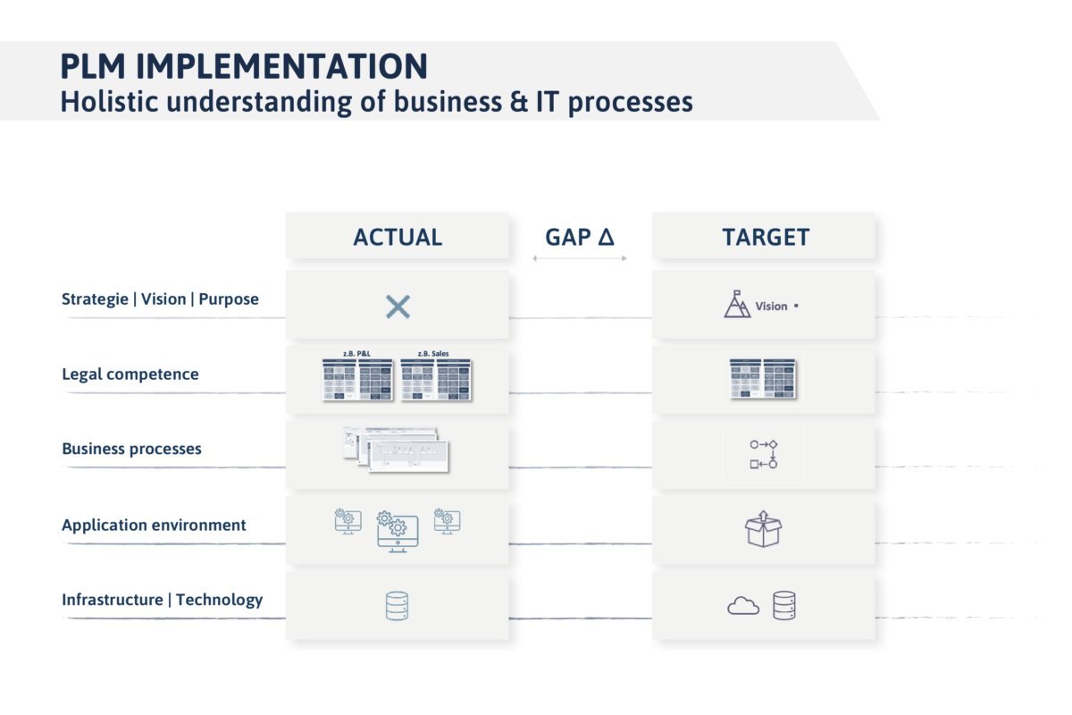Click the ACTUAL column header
click(398, 237)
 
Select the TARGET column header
click(766, 237)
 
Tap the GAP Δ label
click(580, 237)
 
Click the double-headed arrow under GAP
click(580, 258)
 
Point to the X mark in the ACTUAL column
click(398, 307)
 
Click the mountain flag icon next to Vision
click(737, 304)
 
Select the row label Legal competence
click(130, 374)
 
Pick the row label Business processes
click(131, 449)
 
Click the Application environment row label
click(154, 525)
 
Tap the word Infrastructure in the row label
click(112, 600)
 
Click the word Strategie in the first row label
click(95, 299)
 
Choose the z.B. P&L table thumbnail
click(357, 380)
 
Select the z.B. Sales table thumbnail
click(435, 380)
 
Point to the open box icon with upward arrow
click(763, 528)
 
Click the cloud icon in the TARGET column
click(743, 606)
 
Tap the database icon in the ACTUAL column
click(398, 606)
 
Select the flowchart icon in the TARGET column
click(763, 454)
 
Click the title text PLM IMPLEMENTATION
click(244, 67)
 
